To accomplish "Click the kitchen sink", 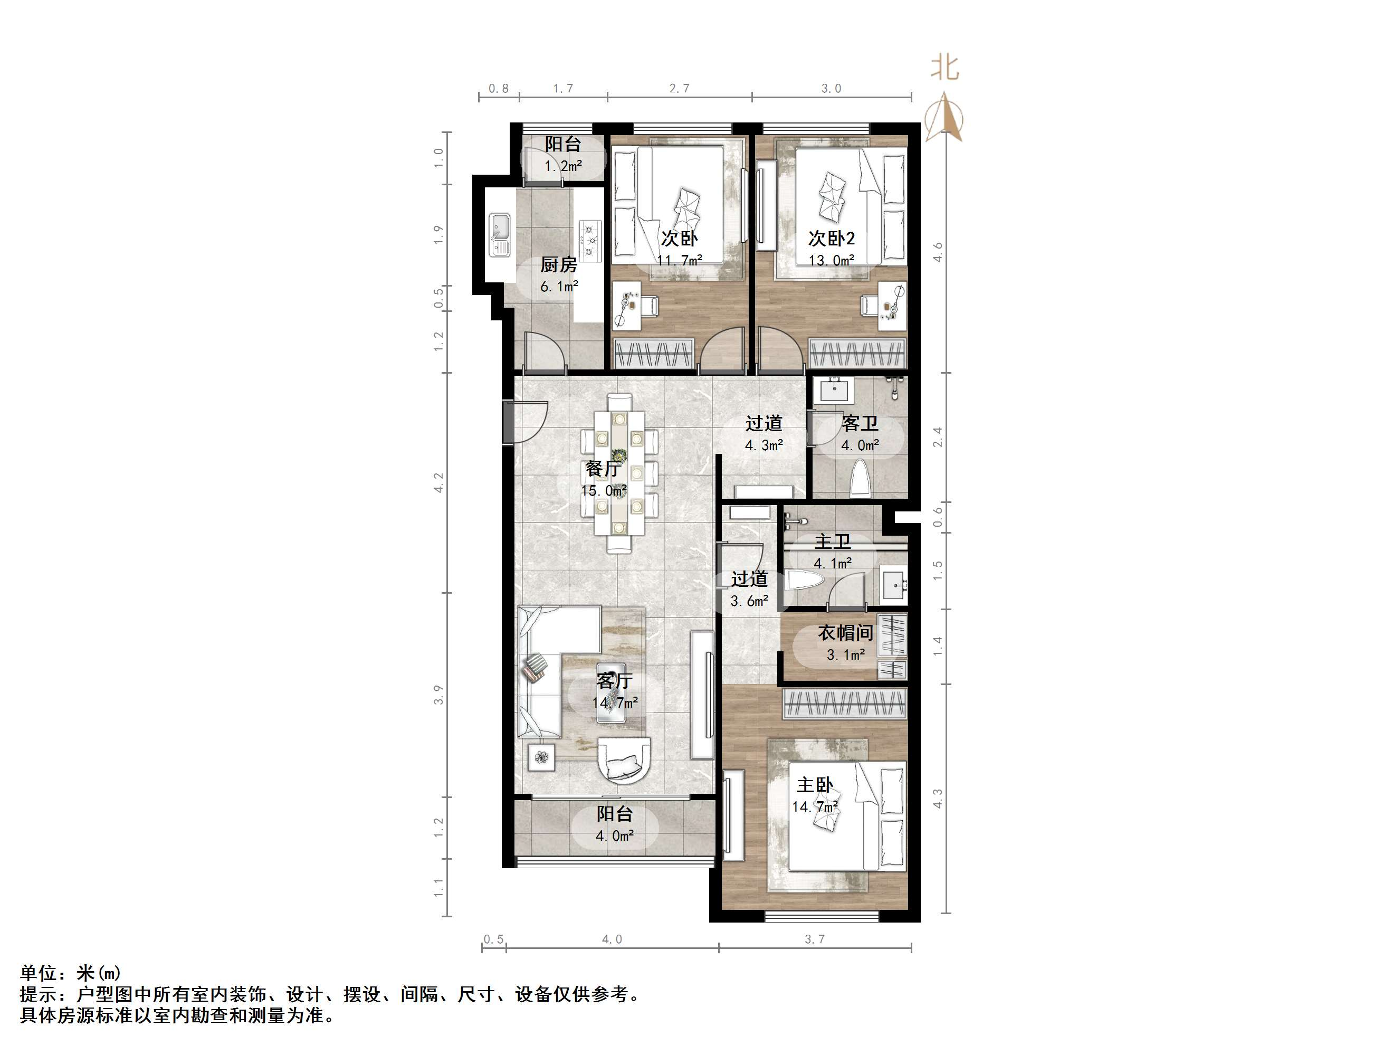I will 500,234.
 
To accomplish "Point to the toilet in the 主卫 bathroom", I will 803,579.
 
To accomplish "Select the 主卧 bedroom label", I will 815,785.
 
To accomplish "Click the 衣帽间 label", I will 845,632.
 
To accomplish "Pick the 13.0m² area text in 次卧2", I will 831,260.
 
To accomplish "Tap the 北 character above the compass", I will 944,68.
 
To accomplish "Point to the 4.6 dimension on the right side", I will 938,252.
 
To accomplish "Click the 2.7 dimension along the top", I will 679,89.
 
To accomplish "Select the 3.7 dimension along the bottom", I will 814,939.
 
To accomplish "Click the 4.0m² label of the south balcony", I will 615,836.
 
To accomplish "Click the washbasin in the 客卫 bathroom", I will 835,391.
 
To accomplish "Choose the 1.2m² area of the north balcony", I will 563,166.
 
